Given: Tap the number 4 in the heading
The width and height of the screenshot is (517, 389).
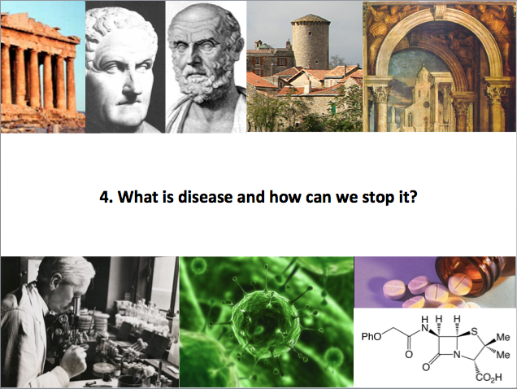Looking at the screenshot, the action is click(x=104, y=197).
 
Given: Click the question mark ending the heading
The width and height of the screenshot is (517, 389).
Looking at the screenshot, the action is click(x=413, y=197).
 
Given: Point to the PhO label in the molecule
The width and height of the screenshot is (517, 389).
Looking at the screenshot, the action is click(x=371, y=336).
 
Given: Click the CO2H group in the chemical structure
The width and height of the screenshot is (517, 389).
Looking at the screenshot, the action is click(x=489, y=378).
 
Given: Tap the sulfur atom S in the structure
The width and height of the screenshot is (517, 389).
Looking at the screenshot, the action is click(x=474, y=331).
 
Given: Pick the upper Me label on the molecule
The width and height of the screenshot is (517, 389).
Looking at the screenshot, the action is click(x=503, y=337).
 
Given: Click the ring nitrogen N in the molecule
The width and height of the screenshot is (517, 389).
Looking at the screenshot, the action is click(x=457, y=355).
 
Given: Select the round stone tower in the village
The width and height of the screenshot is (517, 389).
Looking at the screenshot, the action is click(x=311, y=43).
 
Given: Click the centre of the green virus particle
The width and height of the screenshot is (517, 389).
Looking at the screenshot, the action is click(x=267, y=320).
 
